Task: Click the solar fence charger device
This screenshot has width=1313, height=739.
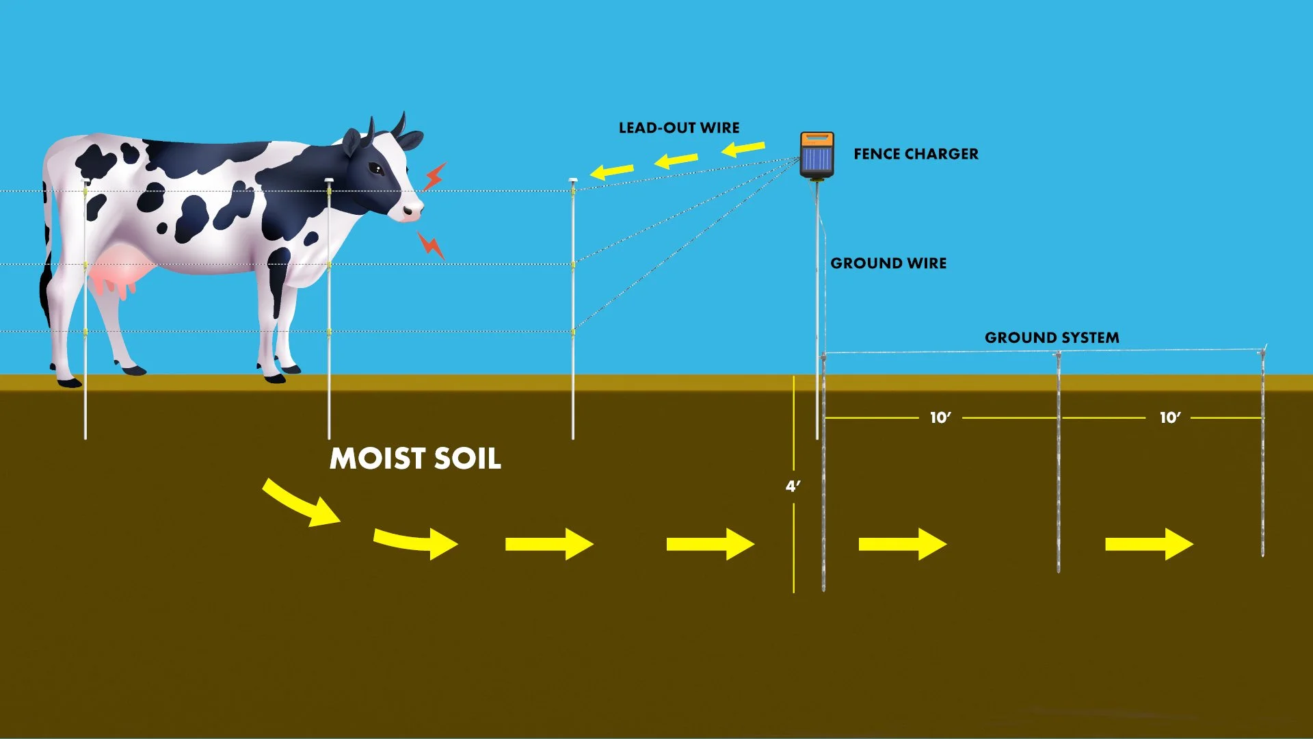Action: tap(817, 155)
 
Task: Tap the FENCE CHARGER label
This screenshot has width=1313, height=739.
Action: tap(916, 154)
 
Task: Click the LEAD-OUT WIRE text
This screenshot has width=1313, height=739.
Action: tap(678, 128)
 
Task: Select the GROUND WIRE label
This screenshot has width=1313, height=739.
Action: tap(888, 263)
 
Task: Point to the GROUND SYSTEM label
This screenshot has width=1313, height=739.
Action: tap(1052, 337)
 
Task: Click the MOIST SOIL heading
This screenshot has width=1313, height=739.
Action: tap(415, 458)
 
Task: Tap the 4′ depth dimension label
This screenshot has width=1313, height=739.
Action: tap(793, 486)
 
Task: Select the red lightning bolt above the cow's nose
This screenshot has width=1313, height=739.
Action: tap(434, 176)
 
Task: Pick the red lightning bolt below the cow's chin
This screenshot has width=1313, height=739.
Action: tap(431, 244)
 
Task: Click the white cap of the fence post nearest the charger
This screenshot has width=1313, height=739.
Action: tap(573, 180)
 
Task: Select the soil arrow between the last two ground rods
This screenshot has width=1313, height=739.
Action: tap(1149, 544)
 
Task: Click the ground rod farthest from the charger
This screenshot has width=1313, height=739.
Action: tap(1262, 452)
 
